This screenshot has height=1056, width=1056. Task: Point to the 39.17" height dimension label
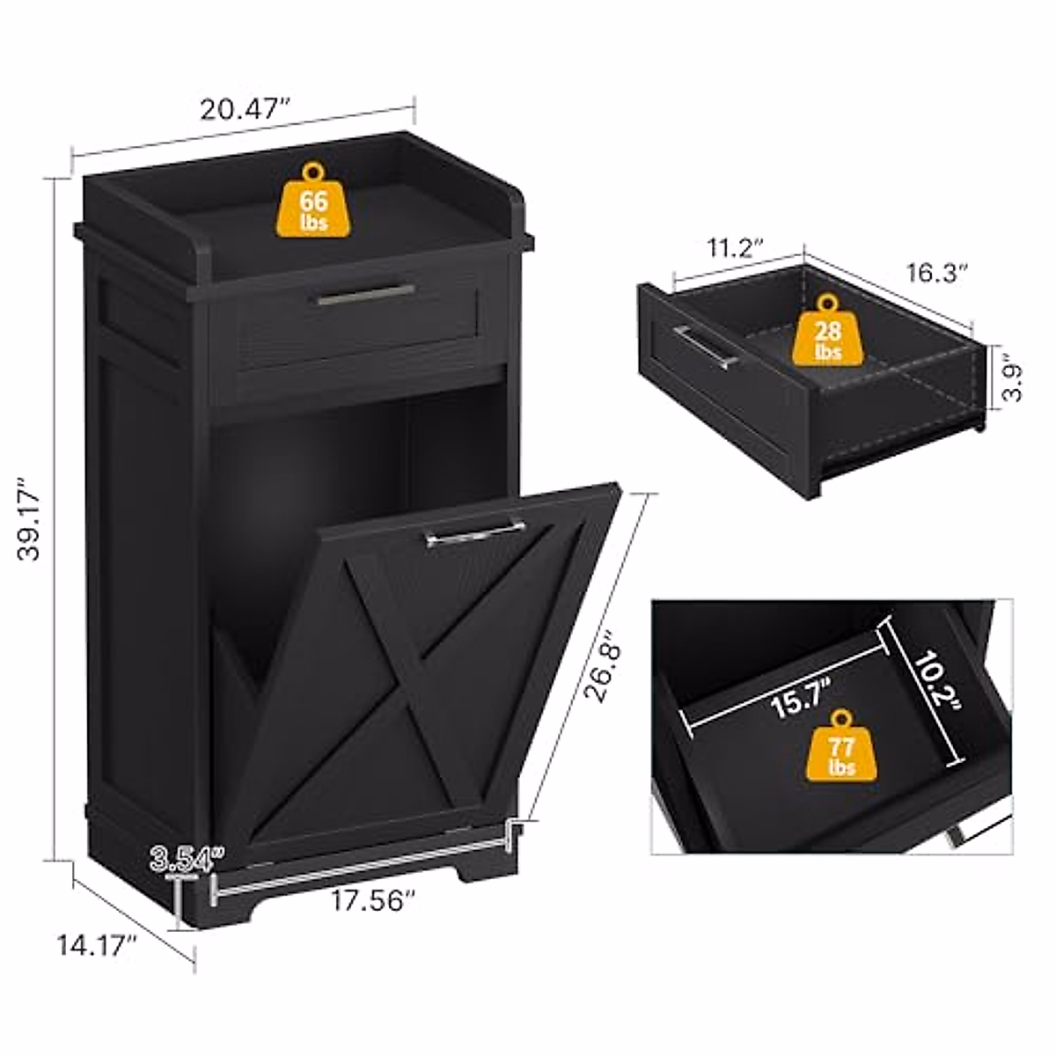pos(33,519)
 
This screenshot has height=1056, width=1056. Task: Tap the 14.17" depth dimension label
pos(97,947)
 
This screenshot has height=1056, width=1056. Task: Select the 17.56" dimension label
pos(373,900)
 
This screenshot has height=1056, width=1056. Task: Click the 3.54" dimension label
pos(187,857)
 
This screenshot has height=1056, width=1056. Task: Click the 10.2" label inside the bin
pos(932,683)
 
